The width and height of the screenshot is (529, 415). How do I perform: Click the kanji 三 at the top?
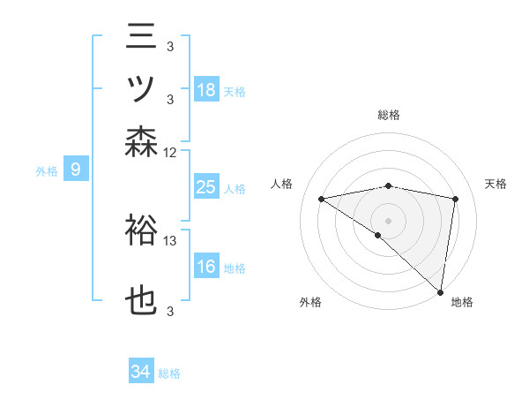(x=141, y=36)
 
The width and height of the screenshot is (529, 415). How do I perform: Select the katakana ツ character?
(x=141, y=88)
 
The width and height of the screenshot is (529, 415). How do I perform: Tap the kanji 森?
(x=141, y=142)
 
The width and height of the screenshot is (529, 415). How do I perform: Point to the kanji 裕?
(x=141, y=230)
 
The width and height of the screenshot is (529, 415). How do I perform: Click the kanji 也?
(x=141, y=300)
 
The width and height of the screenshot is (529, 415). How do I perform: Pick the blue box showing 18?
(x=206, y=89)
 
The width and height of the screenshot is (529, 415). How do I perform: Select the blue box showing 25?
(x=206, y=186)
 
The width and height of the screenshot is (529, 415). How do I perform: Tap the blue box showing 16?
(x=206, y=265)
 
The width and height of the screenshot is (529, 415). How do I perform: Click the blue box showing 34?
(x=141, y=370)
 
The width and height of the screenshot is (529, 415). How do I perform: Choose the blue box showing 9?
(x=76, y=169)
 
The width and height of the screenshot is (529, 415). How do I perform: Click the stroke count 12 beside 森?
(x=169, y=153)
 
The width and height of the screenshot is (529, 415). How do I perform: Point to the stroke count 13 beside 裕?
(x=169, y=241)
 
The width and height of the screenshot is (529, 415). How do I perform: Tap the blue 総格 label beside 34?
(x=169, y=373)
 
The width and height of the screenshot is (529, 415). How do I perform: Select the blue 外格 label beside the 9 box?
(x=47, y=171)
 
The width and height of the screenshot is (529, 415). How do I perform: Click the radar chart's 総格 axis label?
(x=389, y=115)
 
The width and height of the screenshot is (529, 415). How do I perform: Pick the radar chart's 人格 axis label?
(x=281, y=184)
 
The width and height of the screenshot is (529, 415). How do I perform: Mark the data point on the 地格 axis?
(x=440, y=292)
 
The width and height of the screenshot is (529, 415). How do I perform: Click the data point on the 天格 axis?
(x=456, y=199)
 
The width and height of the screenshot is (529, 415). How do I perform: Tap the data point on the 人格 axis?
(x=322, y=199)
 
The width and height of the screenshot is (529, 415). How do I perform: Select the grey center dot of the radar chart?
(x=388, y=221)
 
